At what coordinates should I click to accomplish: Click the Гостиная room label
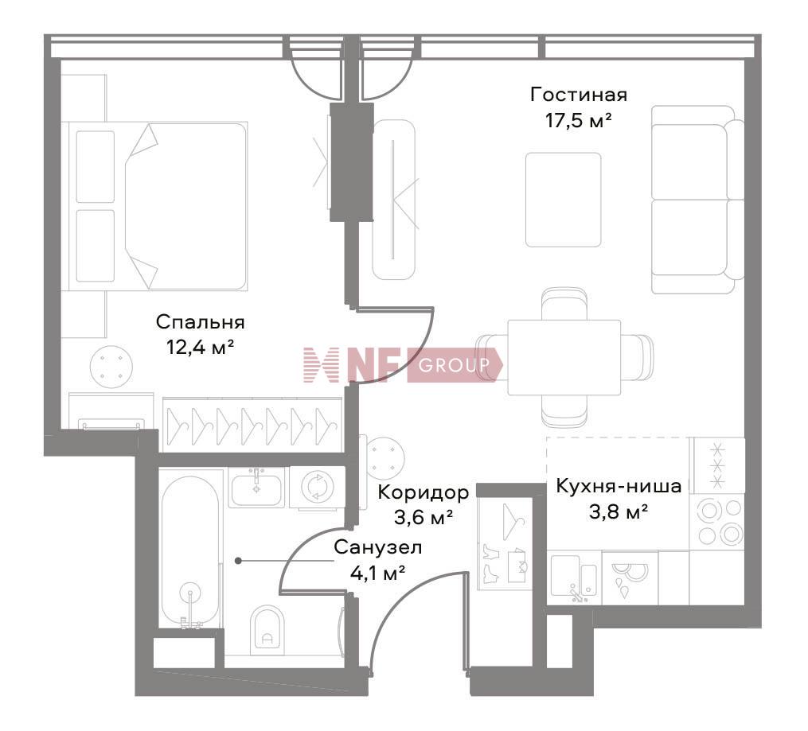click(x=579, y=95)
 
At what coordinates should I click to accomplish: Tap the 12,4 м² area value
click(x=201, y=348)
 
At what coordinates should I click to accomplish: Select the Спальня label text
click(x=201, y=322)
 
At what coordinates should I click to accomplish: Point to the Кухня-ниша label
click(x=619, y=486)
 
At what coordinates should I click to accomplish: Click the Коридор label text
click(x=424, y=492)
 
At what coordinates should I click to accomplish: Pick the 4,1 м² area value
click(x=377, y=573)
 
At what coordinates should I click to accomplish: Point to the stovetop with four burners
click(x=716, y=522)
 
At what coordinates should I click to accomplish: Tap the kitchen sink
click(x=575, y=577)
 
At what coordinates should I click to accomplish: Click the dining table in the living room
click(x=564, y=357)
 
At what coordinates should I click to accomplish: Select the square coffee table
click(x=564, y=200)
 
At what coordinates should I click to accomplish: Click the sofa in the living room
click(x=697, y=200)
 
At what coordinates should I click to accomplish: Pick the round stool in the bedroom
click(x=111, y=367)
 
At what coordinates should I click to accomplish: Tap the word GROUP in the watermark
click(x=454, y=366)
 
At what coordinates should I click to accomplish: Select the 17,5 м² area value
click(x=579, y=121)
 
